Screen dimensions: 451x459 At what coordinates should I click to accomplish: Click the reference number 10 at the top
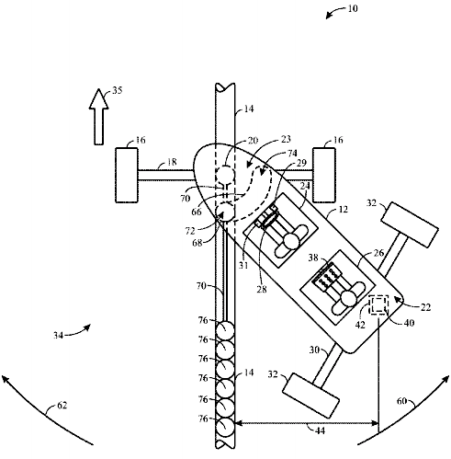coord(353,8)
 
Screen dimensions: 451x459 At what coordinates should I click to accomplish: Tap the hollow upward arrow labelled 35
coord(98,117)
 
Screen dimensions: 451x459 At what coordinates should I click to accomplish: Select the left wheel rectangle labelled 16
coord(127,175)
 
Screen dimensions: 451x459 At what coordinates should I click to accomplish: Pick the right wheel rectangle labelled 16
coord(324,175)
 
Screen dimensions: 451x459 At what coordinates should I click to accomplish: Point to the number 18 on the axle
coord(172,162)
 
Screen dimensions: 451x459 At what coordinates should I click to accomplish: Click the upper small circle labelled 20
coord(225,175)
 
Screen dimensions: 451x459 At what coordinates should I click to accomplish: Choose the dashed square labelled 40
coord(378,304)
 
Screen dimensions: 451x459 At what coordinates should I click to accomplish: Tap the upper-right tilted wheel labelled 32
coord(410,224)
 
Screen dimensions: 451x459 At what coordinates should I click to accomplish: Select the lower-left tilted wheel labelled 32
coord(310,396)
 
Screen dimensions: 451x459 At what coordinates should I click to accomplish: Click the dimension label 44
coord(320,430)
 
